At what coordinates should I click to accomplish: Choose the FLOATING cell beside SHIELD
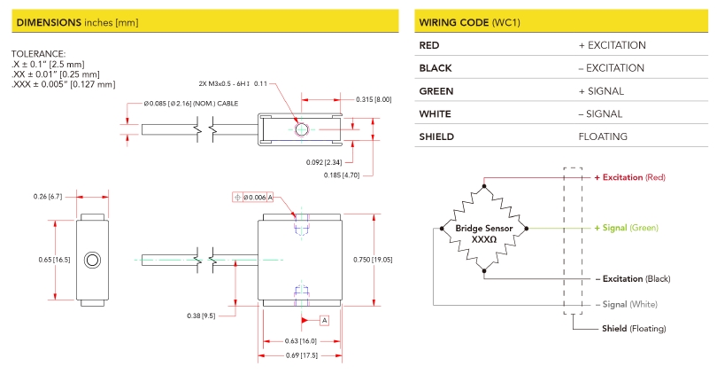click(603, 136)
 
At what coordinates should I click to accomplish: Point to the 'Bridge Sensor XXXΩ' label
click(483, 234)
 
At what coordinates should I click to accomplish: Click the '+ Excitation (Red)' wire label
click(628, 177)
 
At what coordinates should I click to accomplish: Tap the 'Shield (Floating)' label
click(634, 329)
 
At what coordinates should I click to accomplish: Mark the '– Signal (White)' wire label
click(626, 304)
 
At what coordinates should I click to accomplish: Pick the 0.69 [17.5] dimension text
click(301, 355)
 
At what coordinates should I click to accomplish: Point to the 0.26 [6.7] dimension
click(45, 195)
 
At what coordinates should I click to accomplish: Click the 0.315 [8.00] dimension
click(373, 99)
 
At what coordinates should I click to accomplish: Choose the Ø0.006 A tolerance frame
click(254, 197)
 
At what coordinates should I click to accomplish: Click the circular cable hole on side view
click(92, 260)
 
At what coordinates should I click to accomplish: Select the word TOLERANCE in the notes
click(38, 54)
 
